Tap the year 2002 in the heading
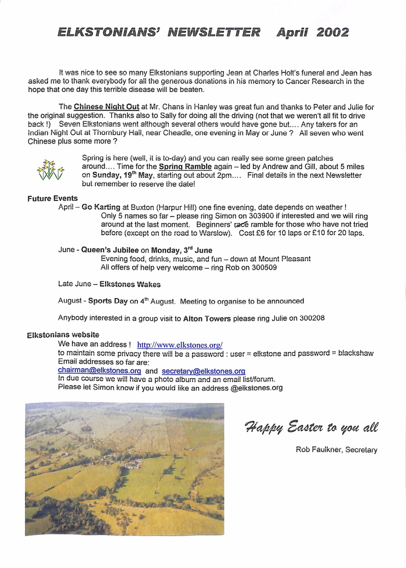(332, 32)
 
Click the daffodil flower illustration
(50, 169)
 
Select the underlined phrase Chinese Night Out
(106, 107)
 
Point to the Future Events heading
(52, 199)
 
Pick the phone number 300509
(264, 267)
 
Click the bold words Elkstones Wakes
(130, 284)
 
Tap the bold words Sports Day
(107, 302)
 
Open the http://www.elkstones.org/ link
(179, 345)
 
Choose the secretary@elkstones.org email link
(203, 371)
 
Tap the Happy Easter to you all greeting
(311, 427)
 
